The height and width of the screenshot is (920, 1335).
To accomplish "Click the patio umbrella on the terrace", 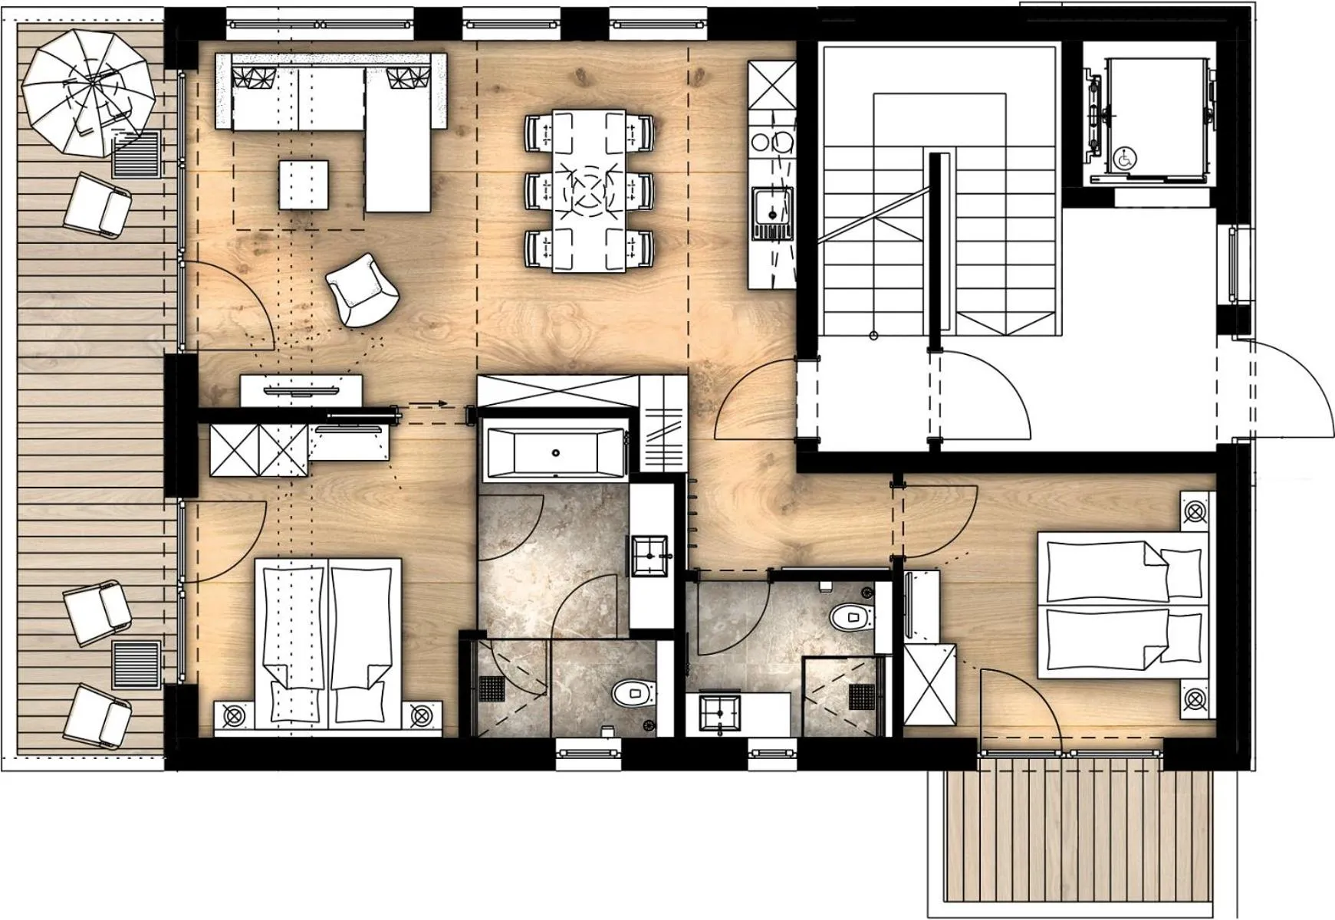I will click(x=87, y=92).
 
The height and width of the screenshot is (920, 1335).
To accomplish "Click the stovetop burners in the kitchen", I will click(x=771, y=142).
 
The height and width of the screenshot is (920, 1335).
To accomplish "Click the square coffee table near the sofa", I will click(x=304, y=184).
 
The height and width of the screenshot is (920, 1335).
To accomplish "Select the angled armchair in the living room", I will click(x=362, y=291).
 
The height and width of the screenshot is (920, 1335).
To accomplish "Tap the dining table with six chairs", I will click(x=589, y=192).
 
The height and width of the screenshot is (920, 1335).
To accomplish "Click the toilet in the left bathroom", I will click(x=633, y=695).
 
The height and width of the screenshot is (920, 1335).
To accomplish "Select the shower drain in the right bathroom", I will click(x=863, y=697).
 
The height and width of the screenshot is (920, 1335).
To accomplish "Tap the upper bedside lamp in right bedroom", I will click(x=1195, y=512).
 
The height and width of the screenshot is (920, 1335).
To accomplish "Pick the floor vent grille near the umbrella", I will click(x=139, y=153).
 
